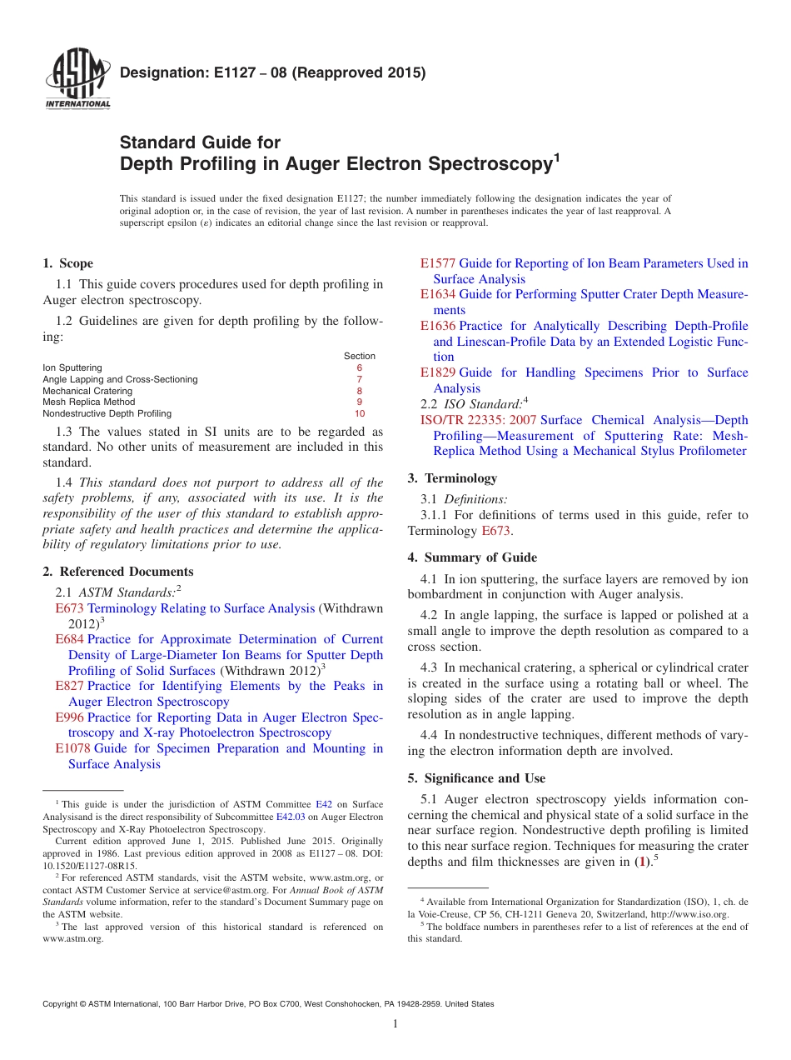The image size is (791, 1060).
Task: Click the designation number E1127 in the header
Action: [x=207, y=72]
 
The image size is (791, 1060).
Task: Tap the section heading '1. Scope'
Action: [x=67, y=263]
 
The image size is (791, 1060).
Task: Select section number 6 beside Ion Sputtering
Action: [x=359, y=367]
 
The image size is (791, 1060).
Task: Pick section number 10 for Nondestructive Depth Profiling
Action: [x=359, y=413]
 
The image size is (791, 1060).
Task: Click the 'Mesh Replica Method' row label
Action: [x=88, y=402]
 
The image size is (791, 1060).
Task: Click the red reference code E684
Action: [x=69, y=639]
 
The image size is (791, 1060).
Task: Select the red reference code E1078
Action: [x=72, y=748]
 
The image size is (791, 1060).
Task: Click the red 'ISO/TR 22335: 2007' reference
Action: [x=478, y=420]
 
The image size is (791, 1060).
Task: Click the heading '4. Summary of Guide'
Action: [x=472, y=557]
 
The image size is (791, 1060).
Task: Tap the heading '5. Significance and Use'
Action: [x=476, y=778]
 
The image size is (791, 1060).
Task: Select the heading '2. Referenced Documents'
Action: [x=118, y=572]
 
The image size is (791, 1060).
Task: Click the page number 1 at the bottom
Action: [x=395, y=1024]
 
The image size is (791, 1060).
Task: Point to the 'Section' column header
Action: [x=359, y=356]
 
